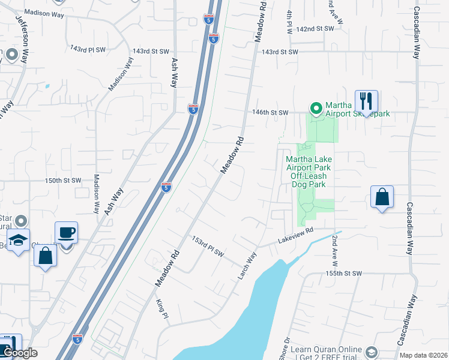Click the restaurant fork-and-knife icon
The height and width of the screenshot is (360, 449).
tap(366, 101)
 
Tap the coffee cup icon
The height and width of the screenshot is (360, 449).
tap(66, 232)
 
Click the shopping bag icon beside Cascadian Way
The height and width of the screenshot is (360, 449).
tap(382, 197)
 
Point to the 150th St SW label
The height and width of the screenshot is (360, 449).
tap(63, 180)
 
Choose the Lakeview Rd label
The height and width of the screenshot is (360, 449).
tap(296, 236)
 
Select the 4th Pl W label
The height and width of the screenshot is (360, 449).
tap(289, 21)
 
